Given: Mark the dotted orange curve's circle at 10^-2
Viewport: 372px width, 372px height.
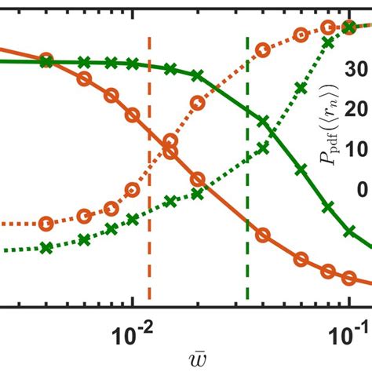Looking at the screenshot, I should (133, 190).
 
